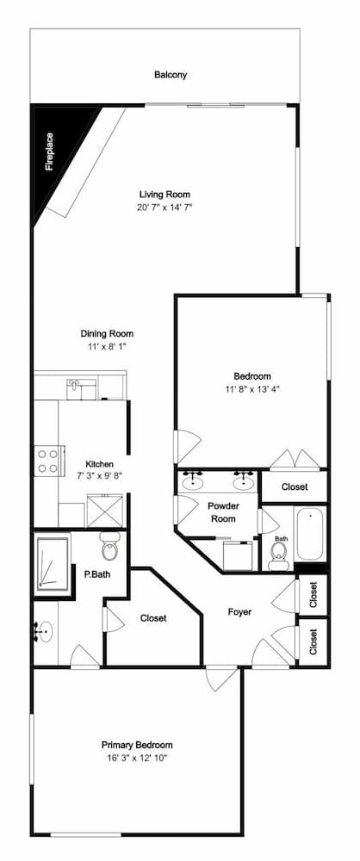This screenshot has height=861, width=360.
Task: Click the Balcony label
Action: coord(171,75)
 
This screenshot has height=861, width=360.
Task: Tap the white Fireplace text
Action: coord(49,152)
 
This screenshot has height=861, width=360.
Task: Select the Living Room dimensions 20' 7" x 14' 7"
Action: coord(164,207)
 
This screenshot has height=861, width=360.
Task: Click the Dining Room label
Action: coord(107,333)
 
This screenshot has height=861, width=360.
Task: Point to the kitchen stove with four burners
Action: coord(47,461)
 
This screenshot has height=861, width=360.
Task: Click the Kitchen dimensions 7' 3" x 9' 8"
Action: coord(100,475)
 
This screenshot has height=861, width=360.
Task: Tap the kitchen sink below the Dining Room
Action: coord(82,389)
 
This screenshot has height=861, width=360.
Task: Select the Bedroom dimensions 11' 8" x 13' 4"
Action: coord(252,389)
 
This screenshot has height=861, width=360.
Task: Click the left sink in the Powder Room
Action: coord(192,481)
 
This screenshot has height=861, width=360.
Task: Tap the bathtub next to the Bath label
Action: coord(311,534)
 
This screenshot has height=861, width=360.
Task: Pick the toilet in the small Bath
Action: coord(279,555)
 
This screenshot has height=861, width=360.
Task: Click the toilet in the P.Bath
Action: coord(110,546)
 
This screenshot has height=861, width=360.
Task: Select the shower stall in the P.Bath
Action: coord(53,564)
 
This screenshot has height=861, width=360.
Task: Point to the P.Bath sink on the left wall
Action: coord(43,631)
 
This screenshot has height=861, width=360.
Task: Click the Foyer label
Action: coord(239,611)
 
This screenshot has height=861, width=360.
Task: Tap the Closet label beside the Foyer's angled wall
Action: coord(153,618)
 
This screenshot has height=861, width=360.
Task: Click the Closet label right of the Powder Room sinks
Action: coord(295,487)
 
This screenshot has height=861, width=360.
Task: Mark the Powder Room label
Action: coord(221,512)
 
